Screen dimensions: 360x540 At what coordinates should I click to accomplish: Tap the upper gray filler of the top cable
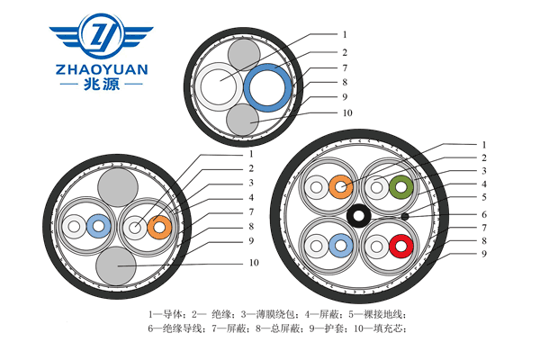[242, 56]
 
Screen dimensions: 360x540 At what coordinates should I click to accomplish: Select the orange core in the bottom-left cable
[160, 227]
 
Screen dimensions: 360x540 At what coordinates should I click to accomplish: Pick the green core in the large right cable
[401, 188]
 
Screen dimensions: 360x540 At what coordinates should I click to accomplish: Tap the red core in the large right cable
[401, 244]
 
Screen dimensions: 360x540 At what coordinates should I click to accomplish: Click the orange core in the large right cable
[341, 188]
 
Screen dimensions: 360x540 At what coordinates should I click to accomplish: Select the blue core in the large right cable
[341, 244]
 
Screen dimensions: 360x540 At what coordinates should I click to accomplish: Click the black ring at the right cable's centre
[361, 217]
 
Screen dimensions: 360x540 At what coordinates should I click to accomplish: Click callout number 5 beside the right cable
[483, 197]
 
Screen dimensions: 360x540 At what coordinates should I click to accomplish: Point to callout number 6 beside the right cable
[483, 214]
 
